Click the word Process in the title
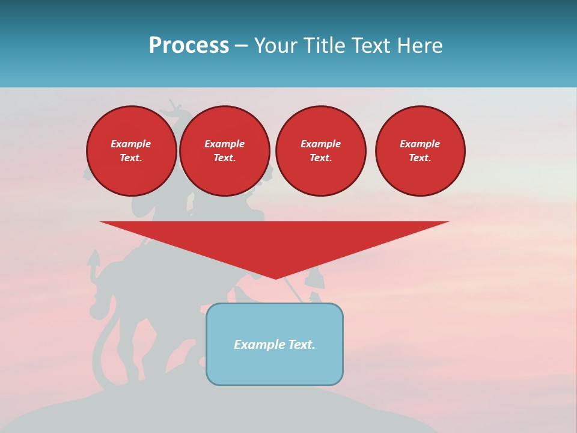[189, 46]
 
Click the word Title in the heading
[323, 46]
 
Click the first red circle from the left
[132, 151]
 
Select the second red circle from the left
[225, 151]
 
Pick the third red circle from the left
[320, 151]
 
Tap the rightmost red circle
[420, 151]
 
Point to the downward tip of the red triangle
[275, 278]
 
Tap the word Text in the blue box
[301, 345]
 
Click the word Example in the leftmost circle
[131, 144]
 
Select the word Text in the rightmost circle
[420, 158]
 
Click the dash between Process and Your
[241, 46]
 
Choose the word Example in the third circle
[320, 144]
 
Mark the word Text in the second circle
[224, 158]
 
